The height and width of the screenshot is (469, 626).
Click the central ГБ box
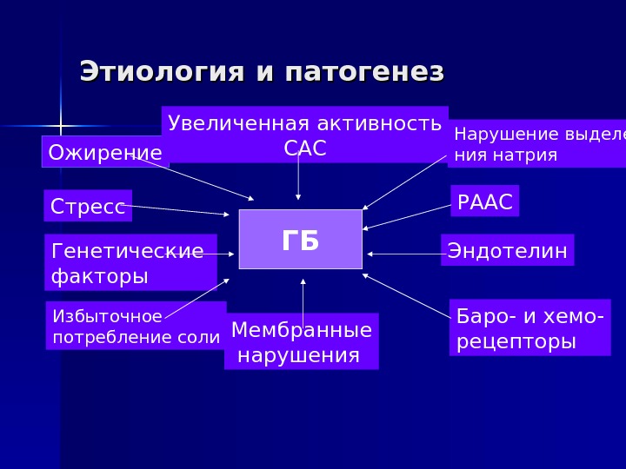[300, 239]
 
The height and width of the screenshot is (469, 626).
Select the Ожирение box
[104, 153]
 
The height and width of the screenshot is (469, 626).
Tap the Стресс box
[88, 207]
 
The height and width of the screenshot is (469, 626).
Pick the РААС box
[484, 202]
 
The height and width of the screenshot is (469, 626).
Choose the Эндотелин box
[507, 251]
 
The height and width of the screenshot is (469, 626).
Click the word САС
[305, 149]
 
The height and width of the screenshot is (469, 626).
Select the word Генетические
[128, 251]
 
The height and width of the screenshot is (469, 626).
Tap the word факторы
[99, 276]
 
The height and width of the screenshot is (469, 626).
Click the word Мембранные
[302, 330]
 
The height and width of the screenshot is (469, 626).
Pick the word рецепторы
[516, 341]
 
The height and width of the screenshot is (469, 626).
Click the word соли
[204, 337]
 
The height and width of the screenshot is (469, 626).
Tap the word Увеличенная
[228, 122]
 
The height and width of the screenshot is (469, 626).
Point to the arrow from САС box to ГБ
[298, 180]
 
